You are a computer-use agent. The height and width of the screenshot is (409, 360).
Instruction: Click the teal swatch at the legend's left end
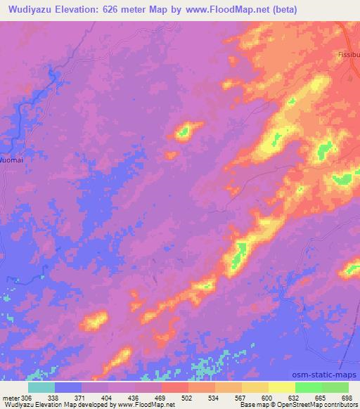41,387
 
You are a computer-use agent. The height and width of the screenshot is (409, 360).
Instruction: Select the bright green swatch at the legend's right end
335,387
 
